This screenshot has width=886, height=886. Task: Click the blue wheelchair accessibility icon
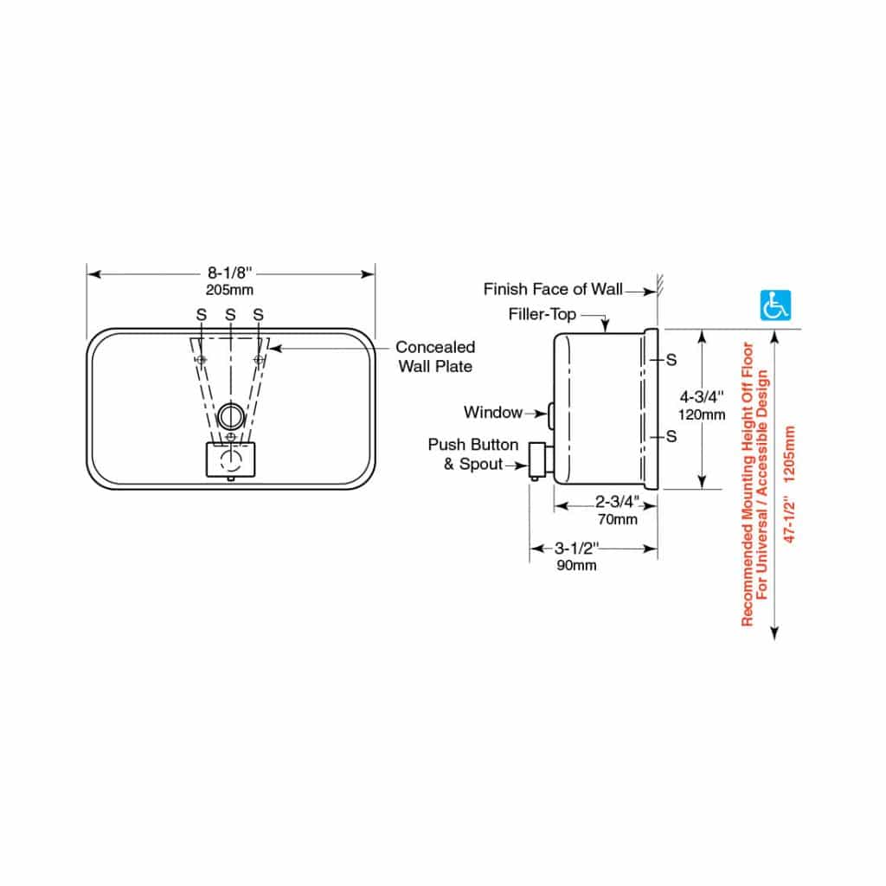pyautogui.click(x=774, y=305)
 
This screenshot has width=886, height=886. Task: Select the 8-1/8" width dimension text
pyautogui.click(x=229, y=273)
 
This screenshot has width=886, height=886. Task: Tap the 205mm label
pyautogui.click(x=229, y=290)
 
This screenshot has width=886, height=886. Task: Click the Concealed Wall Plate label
pyautogui.click(x=435, y=356)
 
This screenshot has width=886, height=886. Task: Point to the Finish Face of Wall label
pyautogui.click(x=552, y=289)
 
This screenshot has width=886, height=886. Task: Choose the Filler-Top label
pyautogui.click(x=542, y=314)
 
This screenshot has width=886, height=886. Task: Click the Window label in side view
pyautogui.click(x=492, y=413)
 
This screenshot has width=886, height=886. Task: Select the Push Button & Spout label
pyautogui.click(x=473, y=454)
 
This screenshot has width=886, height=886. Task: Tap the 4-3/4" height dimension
pyautogui.click(x=702, y=398)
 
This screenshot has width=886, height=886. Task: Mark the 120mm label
pyautogui.click(x=702, y=414)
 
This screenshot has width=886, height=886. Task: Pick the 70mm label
pyautogui.click(x=618, y=519)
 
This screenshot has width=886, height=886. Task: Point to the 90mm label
pyautogui.click(x=575, y=565)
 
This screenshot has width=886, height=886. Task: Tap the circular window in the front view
pyautogui.click(x=229, y=415)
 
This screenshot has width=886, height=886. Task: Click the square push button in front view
pyautogui.click(x=230, y=459)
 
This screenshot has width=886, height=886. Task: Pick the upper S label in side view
pyautogui.click(x=671, y=358)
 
